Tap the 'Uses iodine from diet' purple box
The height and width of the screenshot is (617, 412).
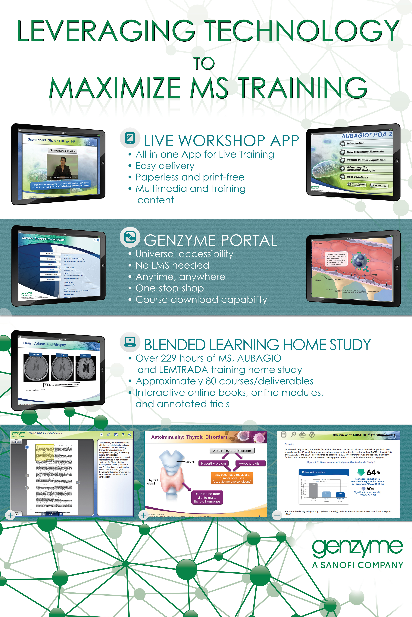tap(207, 497)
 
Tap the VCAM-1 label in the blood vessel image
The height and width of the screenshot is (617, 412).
tap(374, 275)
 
